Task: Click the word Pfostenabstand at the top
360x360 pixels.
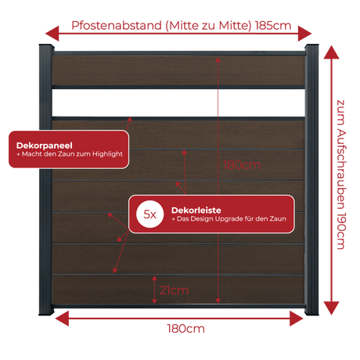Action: pos(117,26)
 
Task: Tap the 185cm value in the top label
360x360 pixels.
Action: pos(273,26)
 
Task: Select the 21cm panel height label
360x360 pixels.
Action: pos(174,290)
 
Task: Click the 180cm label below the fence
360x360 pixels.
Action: pos(185,329)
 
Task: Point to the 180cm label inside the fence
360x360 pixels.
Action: pos(242,165)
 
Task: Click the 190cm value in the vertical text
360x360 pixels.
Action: pos(341,231)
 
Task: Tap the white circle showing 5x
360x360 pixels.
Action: pos(150,214)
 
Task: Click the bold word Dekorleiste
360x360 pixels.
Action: pos(196,211)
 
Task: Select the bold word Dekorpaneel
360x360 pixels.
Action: pos(45,146)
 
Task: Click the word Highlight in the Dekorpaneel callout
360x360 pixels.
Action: pos(107,154)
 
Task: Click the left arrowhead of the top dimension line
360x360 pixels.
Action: pos(52,34)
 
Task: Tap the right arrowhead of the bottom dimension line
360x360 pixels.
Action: pos(297,319)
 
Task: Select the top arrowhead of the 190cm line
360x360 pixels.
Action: pos(331,52)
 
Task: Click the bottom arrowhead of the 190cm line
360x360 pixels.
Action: pos(331,308)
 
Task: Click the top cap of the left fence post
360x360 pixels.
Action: pos(46,47)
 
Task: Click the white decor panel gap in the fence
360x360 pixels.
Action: pos(178,103)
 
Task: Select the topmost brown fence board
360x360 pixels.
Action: pos(178,70)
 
